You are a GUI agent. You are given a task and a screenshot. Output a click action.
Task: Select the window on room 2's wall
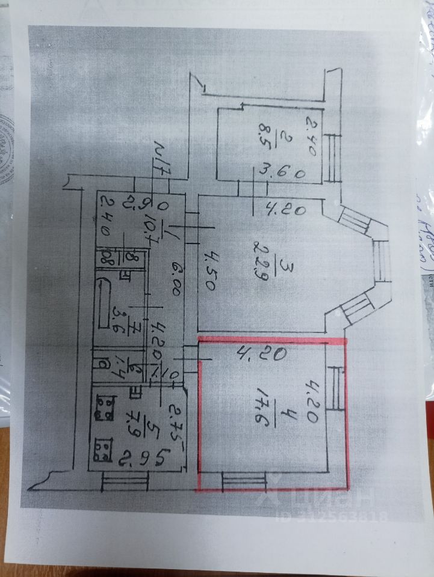(333, 157)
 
